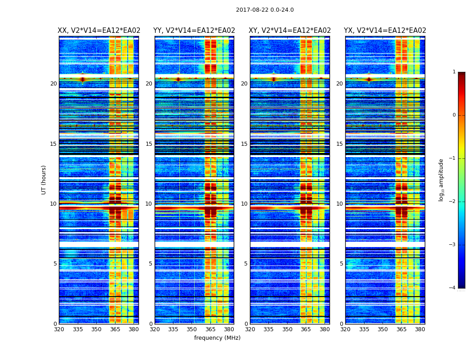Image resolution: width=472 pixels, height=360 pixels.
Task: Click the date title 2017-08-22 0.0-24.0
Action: (x=265, y=10)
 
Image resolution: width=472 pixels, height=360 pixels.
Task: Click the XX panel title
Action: (x=99, y=31)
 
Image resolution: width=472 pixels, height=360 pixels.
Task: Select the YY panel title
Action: (x=194, y=31)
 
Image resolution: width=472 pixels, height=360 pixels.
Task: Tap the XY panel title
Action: (x=290, y=31)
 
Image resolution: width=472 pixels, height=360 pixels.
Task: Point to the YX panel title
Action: (x=385, y=31)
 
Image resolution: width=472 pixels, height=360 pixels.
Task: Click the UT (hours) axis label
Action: (x=44, y=180)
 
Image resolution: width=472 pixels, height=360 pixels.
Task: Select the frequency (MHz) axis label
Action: (x=217, y=338)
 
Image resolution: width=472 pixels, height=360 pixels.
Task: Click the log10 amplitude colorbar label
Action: (x=441, y=180)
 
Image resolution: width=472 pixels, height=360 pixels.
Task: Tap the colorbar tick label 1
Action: (x=454, y=72)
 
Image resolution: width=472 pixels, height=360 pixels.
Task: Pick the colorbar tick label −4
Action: (x=453, y=288)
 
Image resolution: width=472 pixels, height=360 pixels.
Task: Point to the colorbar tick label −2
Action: (x=453, y=202)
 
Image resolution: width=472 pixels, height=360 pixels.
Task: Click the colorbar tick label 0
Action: (x=454, y=115)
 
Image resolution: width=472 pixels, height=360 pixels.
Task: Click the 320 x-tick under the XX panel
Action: (x=59, y=329)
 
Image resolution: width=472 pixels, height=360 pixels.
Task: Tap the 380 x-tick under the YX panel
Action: (x=420, y=329)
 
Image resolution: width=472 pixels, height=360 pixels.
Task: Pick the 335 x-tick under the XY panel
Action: (x=269, y=329)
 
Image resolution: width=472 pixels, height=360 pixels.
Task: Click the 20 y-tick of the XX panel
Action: (x=53, y=84)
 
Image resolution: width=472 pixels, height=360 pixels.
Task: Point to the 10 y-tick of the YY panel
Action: (x=149, y=204)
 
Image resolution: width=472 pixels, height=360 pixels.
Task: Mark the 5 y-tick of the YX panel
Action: (x=341, y=264)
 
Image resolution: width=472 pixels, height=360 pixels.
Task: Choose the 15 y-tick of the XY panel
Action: (x=244, y=144)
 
